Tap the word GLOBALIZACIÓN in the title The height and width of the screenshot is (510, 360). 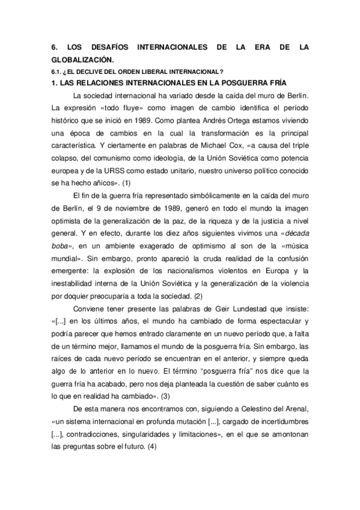click(82, 60)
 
